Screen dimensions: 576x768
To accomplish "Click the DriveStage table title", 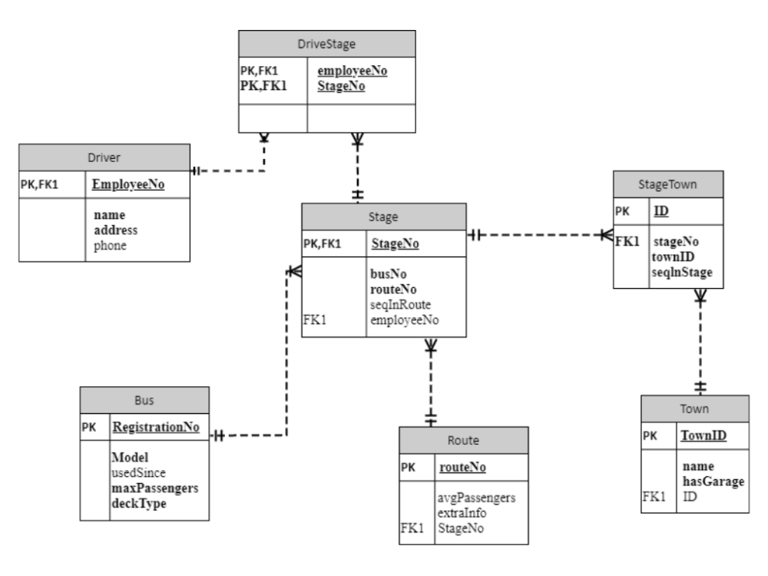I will pos(326,45).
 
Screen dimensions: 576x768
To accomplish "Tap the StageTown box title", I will pos(668,184).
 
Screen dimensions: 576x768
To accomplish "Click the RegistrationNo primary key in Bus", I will pos(156,428).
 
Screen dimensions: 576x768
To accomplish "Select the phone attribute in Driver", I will pos(110,246).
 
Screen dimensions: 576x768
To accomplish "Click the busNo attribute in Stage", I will pos(390,273).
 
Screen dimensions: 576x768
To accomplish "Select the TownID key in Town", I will pos(704,437).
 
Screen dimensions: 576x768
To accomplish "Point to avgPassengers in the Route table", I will pos(475,498).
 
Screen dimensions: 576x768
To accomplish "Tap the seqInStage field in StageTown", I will pos(683,272).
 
